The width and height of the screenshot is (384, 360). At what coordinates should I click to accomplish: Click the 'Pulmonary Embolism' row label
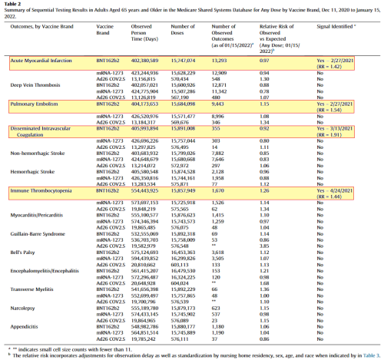(x=34, y=102)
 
